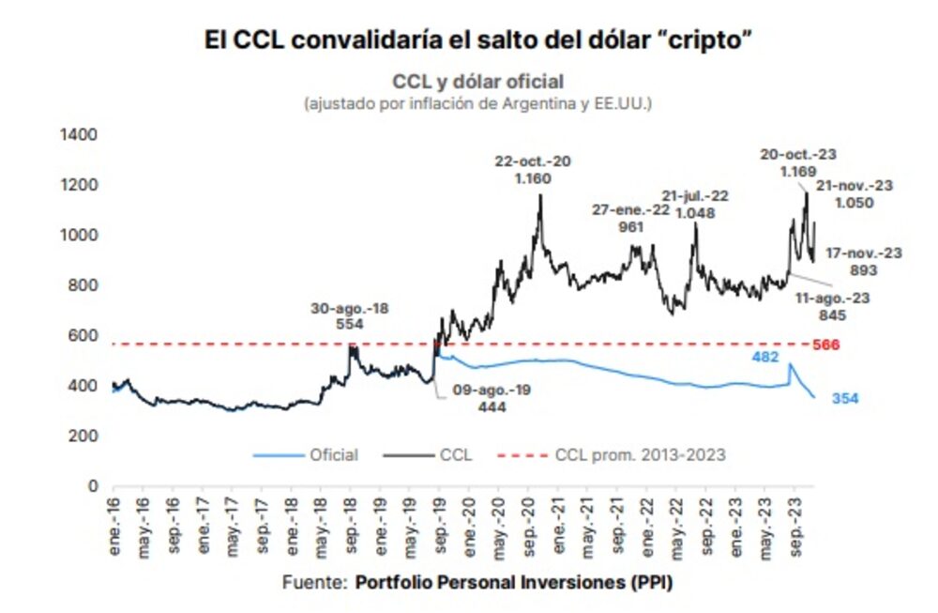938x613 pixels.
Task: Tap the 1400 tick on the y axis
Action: click(x=79, y=135)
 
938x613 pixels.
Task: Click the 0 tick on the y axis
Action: click(x=93, y=486)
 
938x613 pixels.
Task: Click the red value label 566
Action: click(x=826, y=345)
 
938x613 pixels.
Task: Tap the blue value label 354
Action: click(x=844, y=399)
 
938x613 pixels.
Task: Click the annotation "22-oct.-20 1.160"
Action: click(x=533, y=169)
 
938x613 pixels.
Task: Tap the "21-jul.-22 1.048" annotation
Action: click(x=694, y=204)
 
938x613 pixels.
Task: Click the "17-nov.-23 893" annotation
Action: click(x=863, y=262)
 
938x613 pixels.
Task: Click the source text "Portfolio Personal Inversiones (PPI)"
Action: click(x=514, y=583)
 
